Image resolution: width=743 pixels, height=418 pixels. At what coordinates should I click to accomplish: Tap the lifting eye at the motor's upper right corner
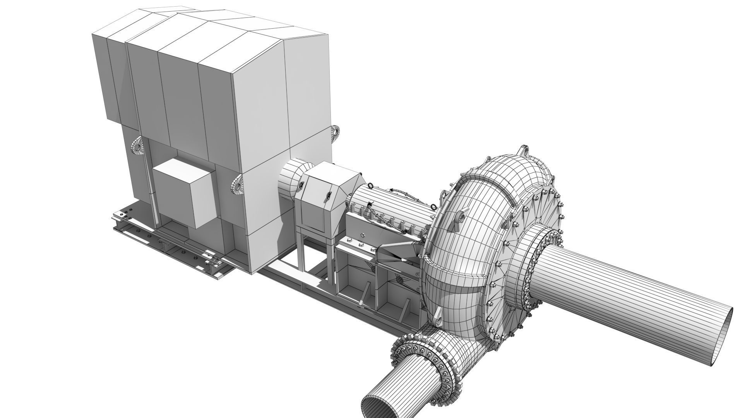[x=335, y=133]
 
